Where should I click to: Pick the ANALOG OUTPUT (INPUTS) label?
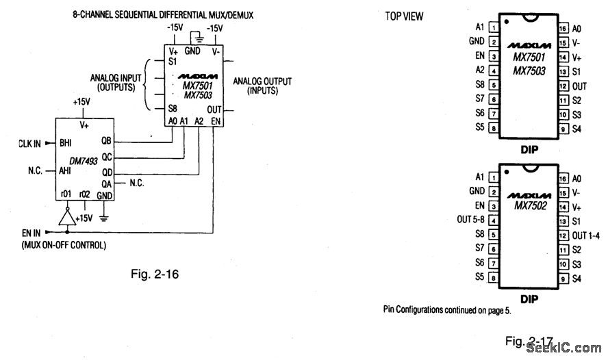pyautogui.click(x=262, y=86)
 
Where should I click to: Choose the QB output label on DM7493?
pyautogui.click(x=106, y=140)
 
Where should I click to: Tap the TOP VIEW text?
pyautogui.click(x=404, y=16)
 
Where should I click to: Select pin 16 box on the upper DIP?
pyautogui.click(x=563, y=29)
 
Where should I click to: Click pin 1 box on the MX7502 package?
pyautogui.click(x=493, y=177)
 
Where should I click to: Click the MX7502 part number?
pyautogui.click(x=529, y=204)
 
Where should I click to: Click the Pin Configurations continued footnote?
pyautogui.click(x=447, y=309)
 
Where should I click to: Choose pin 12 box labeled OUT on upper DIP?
pyautogui.click(x=563, y=86)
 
